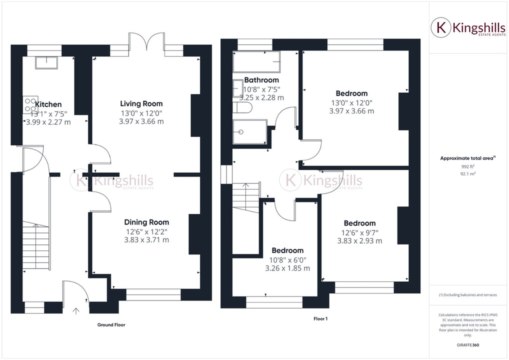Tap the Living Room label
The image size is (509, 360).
141,103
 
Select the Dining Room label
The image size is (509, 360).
146,222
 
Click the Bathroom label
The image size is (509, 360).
261,80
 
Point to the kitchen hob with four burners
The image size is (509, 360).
30,105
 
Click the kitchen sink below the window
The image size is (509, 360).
47,62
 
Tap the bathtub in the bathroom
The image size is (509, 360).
256,61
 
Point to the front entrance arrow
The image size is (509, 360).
76,311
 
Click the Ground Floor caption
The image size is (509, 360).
111,325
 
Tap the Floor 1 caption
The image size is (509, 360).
320,318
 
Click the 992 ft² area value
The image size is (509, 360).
468,166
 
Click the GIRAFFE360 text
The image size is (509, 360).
468,345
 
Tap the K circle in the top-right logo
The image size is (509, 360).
441,28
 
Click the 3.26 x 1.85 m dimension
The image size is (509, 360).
287,268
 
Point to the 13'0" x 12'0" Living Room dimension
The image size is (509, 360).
141,113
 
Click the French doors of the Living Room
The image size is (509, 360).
147,41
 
